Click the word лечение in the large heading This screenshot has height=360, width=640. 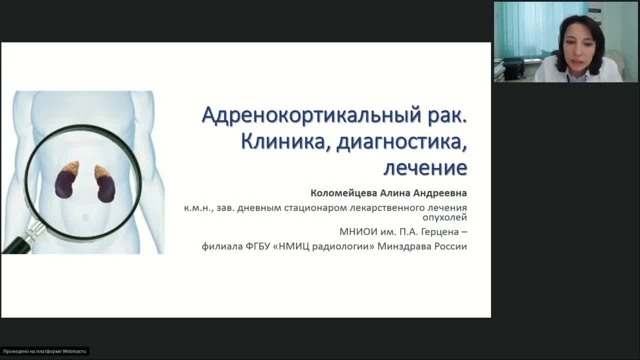425,167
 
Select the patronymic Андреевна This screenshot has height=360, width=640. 442,193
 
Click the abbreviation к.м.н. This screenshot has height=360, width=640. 198,208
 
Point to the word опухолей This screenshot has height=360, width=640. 444,217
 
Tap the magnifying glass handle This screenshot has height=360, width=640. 20,243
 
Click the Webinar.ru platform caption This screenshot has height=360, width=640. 44,351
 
